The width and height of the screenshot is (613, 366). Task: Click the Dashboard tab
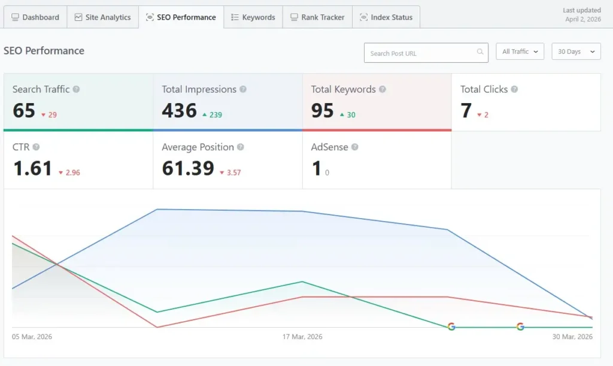coord(35,17)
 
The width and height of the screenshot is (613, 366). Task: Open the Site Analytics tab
coord(102,17)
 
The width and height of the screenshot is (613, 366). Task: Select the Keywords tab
coord(253,17)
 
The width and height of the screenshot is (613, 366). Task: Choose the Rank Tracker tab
coord(317,17)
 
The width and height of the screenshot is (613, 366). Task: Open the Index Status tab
coord(386,17)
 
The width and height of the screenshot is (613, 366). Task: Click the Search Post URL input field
coord(419,53)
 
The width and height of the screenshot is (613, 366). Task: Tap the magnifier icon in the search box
coord(480,53)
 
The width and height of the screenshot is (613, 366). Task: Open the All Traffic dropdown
coord(520,52)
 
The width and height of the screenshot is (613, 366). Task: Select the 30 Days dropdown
coord(575,52)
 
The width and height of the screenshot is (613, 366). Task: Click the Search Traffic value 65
coord(24,111)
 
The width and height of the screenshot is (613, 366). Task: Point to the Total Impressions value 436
coord(179,111)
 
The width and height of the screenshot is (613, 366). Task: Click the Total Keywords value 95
coord(322,111)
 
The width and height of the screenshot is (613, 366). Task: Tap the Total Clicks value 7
coord(466,111)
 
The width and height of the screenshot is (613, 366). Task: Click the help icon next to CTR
coord(36,147)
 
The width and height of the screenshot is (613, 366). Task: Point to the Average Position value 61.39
coord(188,168)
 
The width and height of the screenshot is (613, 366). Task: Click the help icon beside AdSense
coord(354,147)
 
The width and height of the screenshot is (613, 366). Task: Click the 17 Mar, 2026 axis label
coord(302,337)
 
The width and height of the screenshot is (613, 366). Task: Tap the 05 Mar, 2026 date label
coord(32,337)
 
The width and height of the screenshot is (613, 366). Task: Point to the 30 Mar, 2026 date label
coord(572,337)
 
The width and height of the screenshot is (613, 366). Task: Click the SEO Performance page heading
coord(44,51)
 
